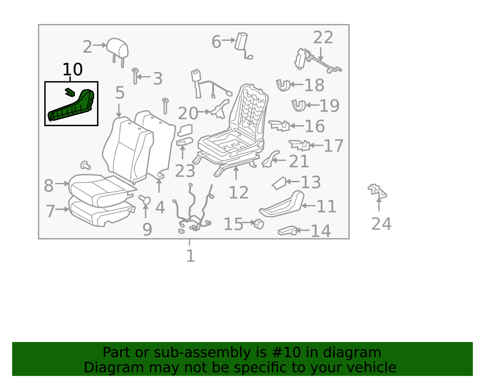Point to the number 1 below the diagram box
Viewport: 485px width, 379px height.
point(190,256)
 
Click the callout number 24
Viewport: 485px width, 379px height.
point(381,224)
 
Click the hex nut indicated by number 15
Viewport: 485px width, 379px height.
point(259,224)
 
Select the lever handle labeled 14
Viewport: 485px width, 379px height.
point(287,231)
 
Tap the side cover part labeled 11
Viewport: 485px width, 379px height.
point(282,204)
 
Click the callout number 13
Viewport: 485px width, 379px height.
point(311,182)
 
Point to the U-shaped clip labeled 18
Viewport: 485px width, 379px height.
point(283,85)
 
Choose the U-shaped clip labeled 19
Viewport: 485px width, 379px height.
point(299,105)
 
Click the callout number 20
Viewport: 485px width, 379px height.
point(188,113)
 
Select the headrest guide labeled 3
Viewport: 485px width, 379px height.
point(135,76)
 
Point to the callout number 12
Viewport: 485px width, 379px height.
point(239,192)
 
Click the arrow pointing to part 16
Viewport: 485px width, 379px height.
point(297,126)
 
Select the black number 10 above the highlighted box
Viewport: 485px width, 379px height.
point(73,69)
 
